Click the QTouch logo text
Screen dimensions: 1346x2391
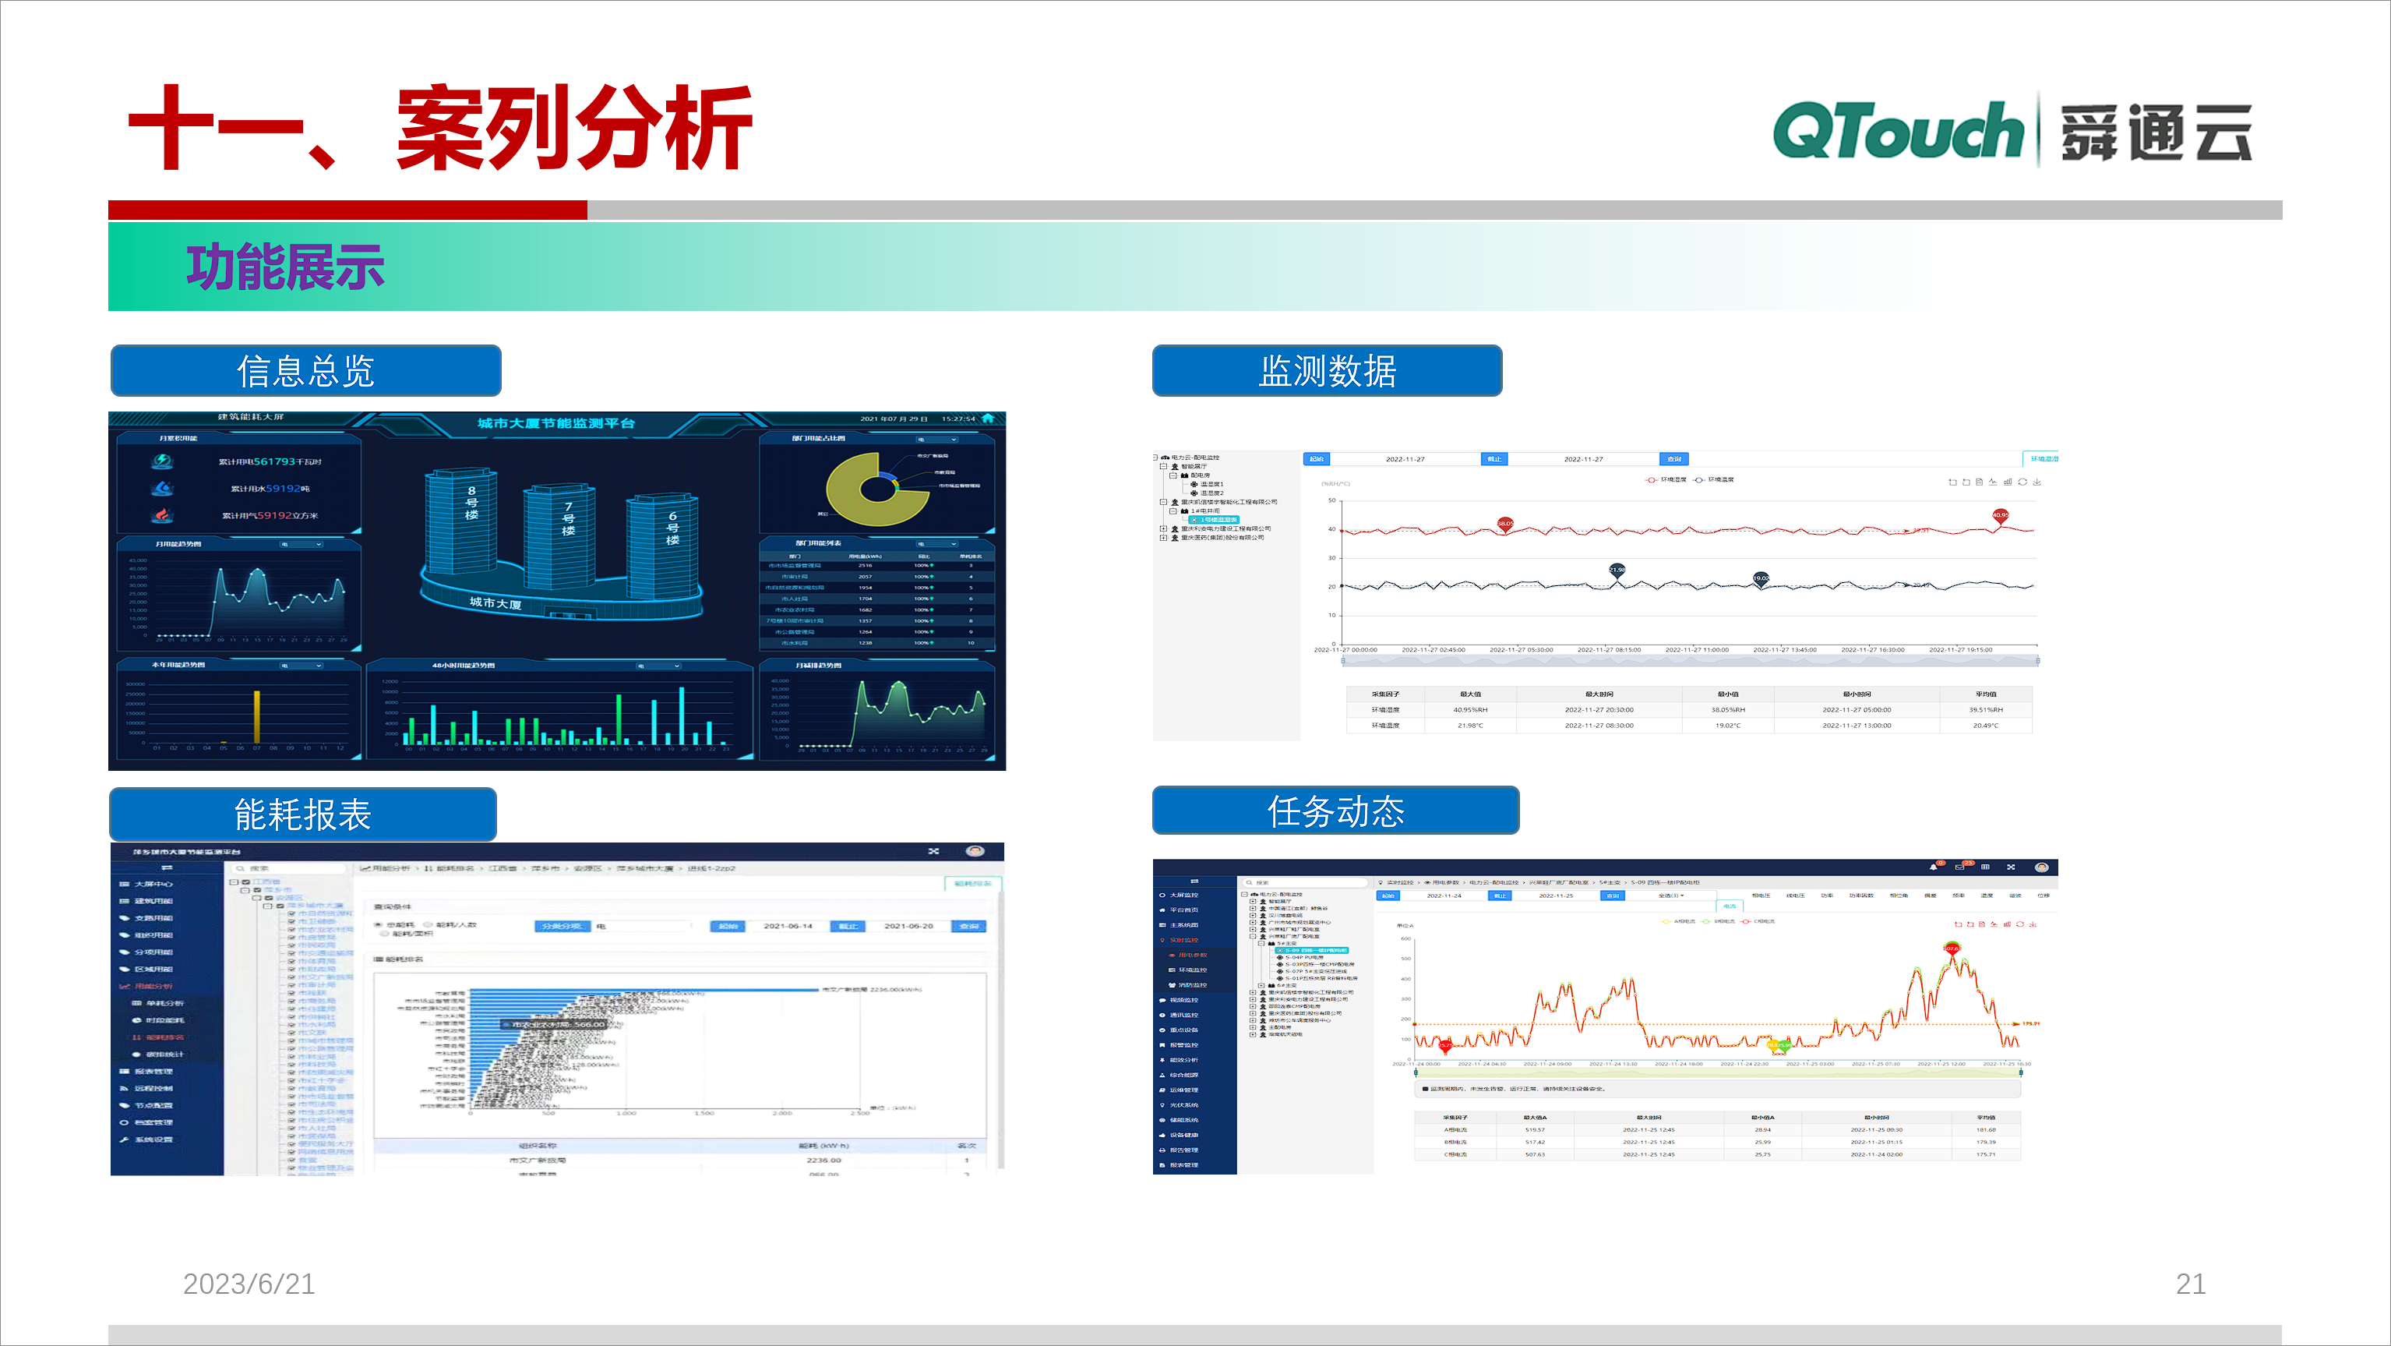(1897, 132)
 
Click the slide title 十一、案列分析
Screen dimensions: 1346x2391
(440, 128)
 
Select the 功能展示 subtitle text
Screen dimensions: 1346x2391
(285, 267)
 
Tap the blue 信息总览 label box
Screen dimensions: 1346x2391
(305, 370)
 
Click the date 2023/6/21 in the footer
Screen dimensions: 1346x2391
(249, 1283)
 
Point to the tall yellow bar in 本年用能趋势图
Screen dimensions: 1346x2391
(257, 715)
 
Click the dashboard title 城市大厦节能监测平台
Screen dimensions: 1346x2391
(556, 423)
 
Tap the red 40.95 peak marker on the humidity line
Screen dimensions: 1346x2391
(1999, 515)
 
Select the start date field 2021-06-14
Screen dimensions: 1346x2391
(787, 925)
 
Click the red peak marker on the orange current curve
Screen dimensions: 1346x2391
(1951, 948)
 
